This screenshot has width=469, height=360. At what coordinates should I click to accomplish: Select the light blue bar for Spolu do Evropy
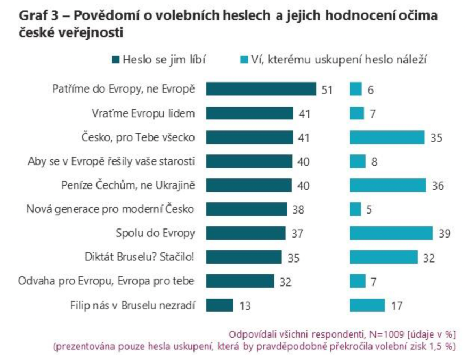(391, 233)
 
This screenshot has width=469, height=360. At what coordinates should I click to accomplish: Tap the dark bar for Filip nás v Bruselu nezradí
(220, 305)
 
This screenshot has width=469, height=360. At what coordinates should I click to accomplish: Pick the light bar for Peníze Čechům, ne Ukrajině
(387, 185)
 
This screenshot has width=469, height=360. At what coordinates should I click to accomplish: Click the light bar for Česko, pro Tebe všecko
(387, 137)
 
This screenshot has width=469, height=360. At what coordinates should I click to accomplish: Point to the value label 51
(326, 90)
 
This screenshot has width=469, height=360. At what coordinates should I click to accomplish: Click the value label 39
(443, 234)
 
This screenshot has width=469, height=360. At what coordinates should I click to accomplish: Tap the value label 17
(396, 306)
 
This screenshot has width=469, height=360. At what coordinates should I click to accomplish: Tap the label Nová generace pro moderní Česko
(110, 209)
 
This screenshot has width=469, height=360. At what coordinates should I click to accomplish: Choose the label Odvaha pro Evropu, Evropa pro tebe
(106, 281)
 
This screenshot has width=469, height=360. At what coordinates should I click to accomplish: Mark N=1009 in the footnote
(386, 334)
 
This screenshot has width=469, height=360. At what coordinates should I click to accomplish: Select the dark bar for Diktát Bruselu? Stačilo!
(244, 257)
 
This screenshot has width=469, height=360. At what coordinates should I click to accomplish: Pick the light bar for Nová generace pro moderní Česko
(355, 209)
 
